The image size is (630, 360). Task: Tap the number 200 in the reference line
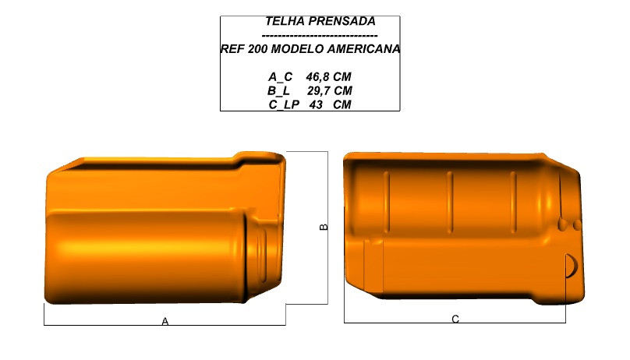[x=257, y=49]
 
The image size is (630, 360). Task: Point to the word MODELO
[x=298, y=49]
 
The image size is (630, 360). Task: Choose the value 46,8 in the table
[x=318, y=76]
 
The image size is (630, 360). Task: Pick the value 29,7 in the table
[x=319, y=90]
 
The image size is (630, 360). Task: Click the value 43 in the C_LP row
[x=317, y=104]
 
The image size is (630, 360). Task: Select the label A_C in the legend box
[x=281, y=76]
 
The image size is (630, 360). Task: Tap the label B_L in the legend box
[x=278, y=90]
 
